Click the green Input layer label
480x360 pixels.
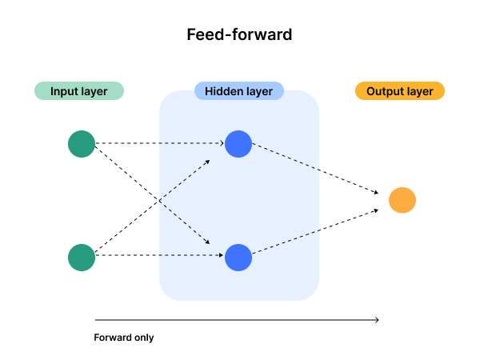pos(78,91)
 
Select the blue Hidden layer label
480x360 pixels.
pos(238,91)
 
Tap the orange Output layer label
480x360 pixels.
pos(399,91)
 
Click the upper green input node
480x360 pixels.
pos(82,144)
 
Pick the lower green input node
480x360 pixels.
pos(82,258)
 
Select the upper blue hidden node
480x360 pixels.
pos(238,144)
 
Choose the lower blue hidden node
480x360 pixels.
pos(238,258)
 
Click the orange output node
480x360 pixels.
pos(402,200)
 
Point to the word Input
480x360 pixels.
pos(64,91)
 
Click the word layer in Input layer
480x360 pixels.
pos(94,91)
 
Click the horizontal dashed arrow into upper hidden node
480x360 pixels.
pos(192,144)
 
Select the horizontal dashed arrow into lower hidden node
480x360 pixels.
pos(192,256)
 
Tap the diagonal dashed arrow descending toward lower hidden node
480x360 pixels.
pos(185,222)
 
